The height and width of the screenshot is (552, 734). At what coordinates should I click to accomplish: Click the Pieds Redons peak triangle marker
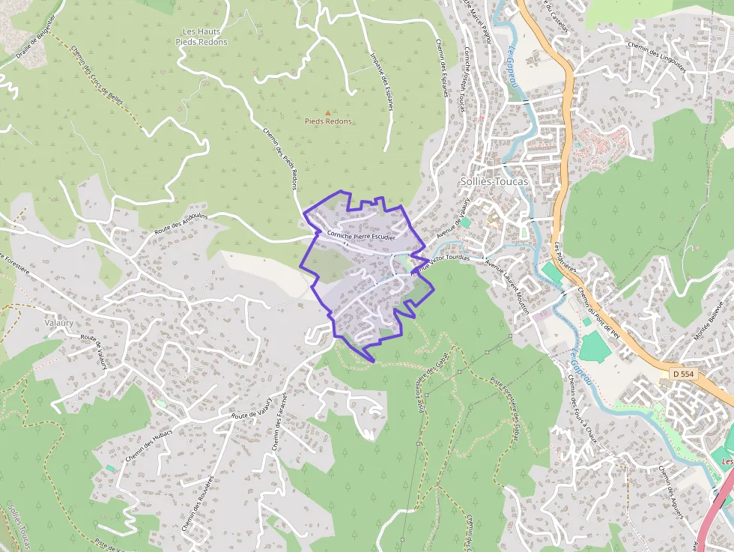tap(327, 112)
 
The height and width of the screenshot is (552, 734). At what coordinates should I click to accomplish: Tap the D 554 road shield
tap(682, 373)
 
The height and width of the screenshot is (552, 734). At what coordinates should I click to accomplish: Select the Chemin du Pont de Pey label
tap(598, 314)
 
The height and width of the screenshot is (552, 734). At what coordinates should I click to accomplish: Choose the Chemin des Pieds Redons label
tap(281, 157)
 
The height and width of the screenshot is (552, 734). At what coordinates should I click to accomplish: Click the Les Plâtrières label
tap(565, 259)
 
